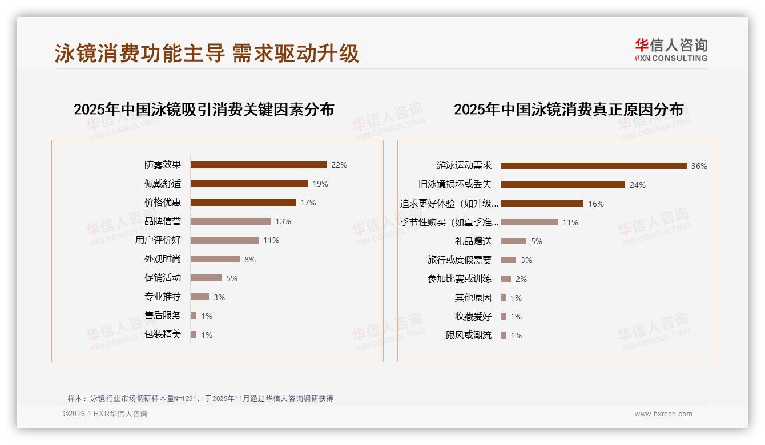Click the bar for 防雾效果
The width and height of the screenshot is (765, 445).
tap(258, 165)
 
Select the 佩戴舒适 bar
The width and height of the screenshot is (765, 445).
tap(249, 184)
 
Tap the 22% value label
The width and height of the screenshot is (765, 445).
tap(339, 165)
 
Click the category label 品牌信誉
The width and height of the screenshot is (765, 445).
tap(163, 221)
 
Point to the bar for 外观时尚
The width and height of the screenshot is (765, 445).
tap(215, 259)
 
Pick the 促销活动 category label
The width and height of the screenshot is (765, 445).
tap(163, 278)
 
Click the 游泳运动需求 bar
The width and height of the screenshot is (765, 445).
tap(594, 166)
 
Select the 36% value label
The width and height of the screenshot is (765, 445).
tap(699, 166)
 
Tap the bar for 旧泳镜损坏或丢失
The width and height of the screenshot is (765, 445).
tap(563, 185)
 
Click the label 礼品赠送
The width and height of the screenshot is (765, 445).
tap(473, 241)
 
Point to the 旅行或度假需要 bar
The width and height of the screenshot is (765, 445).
tap(509, 260)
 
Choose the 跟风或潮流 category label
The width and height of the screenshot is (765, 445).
tap(469, 335)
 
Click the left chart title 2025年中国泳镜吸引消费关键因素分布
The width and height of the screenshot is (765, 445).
tap(204, 110)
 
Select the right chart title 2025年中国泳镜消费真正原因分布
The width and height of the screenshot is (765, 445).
tap(569, 110)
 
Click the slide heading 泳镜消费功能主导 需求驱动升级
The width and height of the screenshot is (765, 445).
tap(207, 53)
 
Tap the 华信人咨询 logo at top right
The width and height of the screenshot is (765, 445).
tap(671, 50)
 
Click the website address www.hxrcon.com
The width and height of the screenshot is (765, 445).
tap(663, 414)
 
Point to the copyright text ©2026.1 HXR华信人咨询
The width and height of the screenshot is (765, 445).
tap(105, 414)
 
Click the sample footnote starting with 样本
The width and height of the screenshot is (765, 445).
tap(200, 399)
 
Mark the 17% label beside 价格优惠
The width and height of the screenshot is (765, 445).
tap(308, 203)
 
